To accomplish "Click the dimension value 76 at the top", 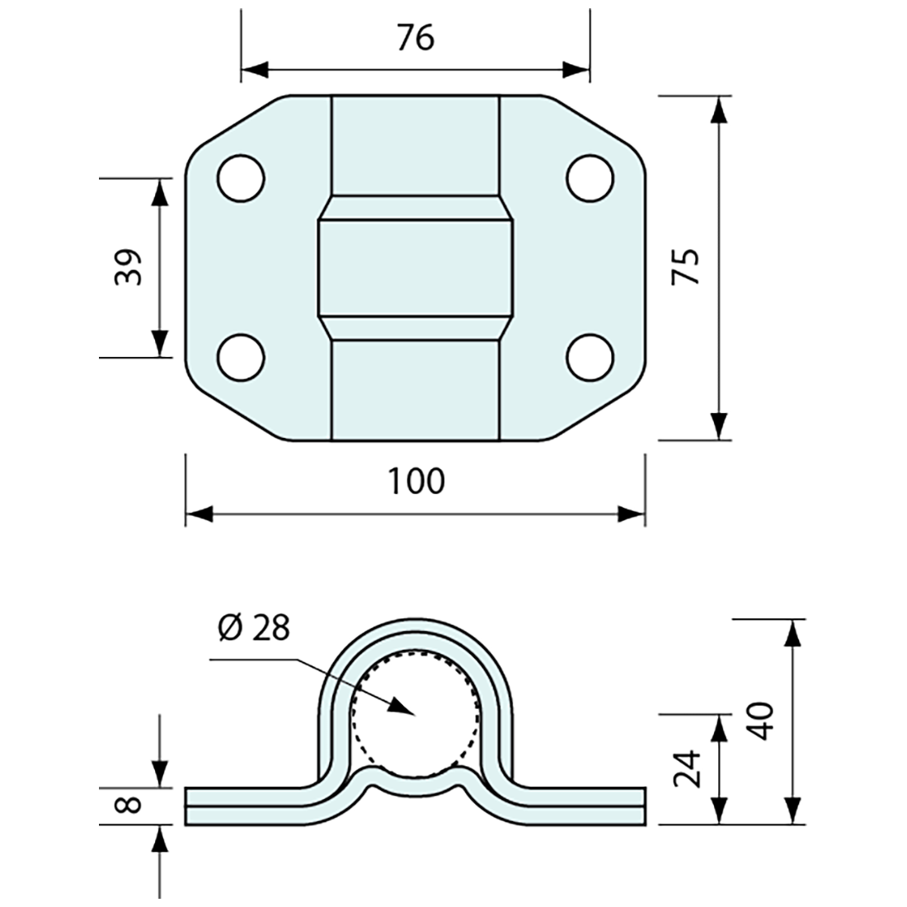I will pyautogui.click(x=415, y=38).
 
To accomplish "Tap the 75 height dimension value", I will pyautogui.click(x=687, y=266).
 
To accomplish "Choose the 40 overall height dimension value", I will pyautogui.click(x=760, y=721).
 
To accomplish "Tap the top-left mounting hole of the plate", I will pyautogui.click(x=241, y=177).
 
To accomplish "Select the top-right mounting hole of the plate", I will pyautogui.click(x=590, y=177).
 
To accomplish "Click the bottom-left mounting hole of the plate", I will pyautogui.click(x=241, y=357).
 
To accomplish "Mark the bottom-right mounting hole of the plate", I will pyautogui.click(x=590, y=357).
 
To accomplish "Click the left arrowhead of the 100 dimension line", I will pyautogui.click(x=198, y=515).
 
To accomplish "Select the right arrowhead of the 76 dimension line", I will pyautogui.click(x=577, y=69).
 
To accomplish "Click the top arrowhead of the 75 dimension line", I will pyautogui.click(x=720, y=109).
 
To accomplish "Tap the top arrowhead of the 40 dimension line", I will pyautogui.click(x=792, y=632).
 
